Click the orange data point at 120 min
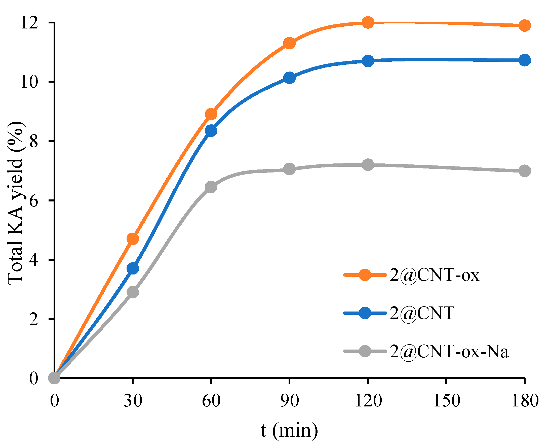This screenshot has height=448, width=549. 368,23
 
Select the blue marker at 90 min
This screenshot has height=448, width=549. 289,78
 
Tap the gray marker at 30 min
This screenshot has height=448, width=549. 133,292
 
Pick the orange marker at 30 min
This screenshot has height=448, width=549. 133,239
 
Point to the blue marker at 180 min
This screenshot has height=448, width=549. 525,60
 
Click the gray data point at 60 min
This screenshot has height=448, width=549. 211,187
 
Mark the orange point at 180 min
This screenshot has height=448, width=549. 525,25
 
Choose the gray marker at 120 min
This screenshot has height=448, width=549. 368,165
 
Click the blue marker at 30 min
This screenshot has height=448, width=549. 133,268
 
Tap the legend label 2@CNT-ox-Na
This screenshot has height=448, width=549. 449,351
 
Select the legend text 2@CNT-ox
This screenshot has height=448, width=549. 435,275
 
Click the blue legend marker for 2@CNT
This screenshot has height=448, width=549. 365,313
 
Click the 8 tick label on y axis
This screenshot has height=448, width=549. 34,142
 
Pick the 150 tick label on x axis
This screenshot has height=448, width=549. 446,401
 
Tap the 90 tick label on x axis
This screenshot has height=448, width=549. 289,401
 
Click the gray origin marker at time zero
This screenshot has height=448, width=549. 54,378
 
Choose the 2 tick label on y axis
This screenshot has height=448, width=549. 34,319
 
